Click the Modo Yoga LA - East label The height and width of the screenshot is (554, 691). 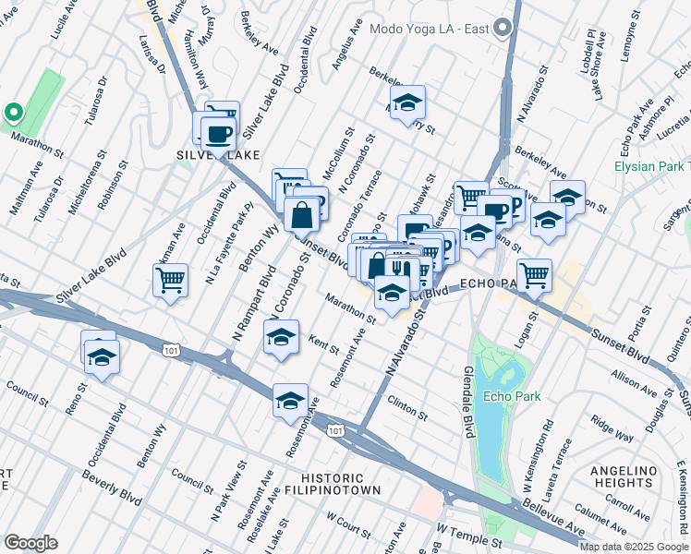coord(429,29)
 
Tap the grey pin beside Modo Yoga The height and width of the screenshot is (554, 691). coord(503,28)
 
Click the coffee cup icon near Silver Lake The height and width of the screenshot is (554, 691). coord(217,135)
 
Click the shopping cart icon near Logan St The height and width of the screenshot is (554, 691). coord(534,274)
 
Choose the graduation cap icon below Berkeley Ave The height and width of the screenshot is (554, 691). coord(406,104)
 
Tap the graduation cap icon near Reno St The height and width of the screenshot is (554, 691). coord(102,357)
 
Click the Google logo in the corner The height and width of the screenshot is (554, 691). coord(31,542)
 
